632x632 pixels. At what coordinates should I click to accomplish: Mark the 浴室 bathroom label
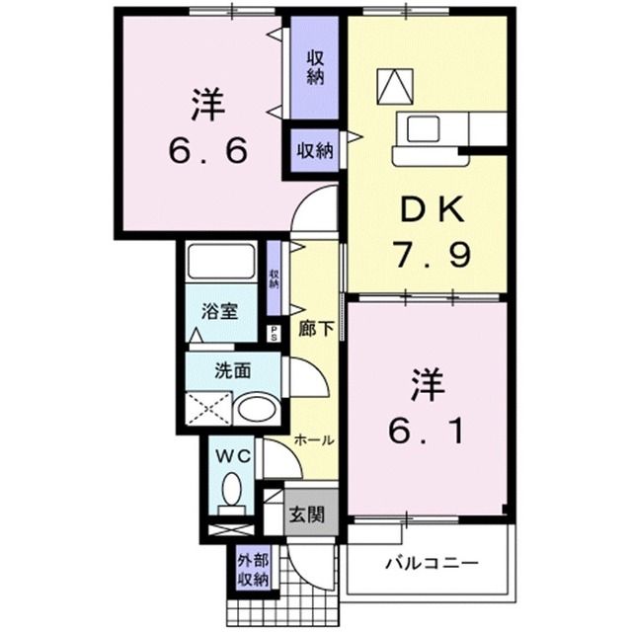[x=218, y=310]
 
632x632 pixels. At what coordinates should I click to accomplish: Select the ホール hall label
[x=312, y=439]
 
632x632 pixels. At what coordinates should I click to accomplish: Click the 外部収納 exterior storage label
[x=252, y=572]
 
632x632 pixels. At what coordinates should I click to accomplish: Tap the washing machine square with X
[x=208, y=408]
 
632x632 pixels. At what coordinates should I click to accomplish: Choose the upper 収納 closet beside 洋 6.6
[x=315, y=67]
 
